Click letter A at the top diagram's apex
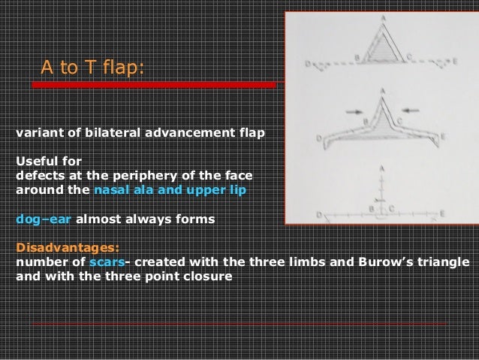coord(384,18)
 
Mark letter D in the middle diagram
coord(318,138)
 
